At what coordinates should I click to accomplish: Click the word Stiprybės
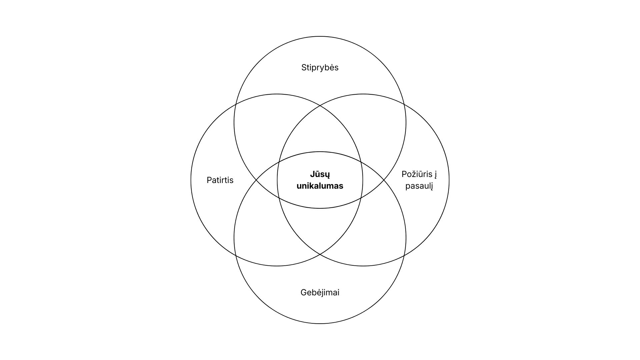(x=320, y=68)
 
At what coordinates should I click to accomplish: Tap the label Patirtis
(x=220, y=180)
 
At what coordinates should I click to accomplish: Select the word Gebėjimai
(x=320, y=293)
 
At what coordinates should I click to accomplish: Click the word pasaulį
(x=419, y=186)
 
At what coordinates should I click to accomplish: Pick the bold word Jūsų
(x=320, y=174)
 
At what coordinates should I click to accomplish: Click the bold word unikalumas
(x=320, y=186)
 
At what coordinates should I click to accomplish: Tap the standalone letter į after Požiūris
(x=435, y=174)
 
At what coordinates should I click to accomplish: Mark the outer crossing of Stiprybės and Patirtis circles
(x=235, y=105)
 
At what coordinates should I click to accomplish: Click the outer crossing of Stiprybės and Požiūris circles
(x=404, y=105)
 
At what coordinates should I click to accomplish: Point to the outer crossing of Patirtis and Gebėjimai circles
(x=235, y=255)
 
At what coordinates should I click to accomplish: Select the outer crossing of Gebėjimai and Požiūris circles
(x=404, y=255)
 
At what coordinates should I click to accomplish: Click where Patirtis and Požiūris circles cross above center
(x=320, y=106)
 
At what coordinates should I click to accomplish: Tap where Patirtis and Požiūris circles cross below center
(x=320, y=254)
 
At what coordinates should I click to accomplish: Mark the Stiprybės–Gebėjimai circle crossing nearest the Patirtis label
(x=256, y=180)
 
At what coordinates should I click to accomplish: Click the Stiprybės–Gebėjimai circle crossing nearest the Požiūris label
(x=384, y=180)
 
